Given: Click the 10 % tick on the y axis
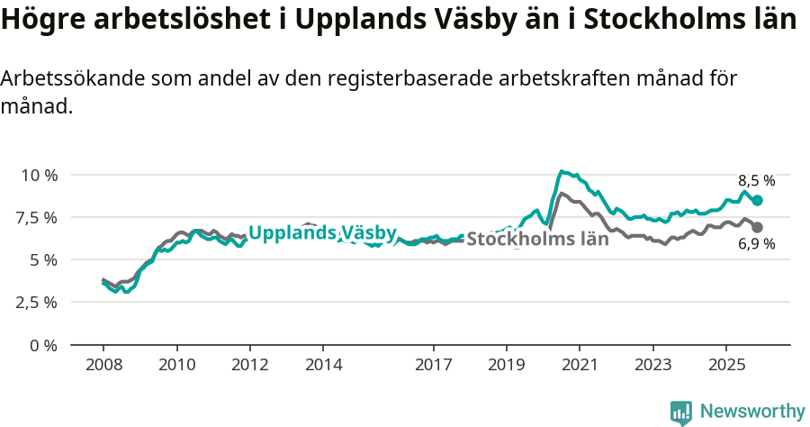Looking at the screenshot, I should coord(38,175).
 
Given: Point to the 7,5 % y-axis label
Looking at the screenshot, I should coord(37,217).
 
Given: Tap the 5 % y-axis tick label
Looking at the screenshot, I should coord(44,259).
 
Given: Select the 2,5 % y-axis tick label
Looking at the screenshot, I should coord(37,302).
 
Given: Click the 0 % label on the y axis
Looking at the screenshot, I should coord(44,345).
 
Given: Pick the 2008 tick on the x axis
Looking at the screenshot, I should coord(103,366).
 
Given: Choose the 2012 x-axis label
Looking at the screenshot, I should coord(250,366).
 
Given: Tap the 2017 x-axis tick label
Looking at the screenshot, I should coord(433,366).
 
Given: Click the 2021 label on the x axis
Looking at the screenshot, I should coord(580,366).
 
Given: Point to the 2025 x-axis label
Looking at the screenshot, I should coord(726,366).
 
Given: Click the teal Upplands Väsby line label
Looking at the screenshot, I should coord(322,233).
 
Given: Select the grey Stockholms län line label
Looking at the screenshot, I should coord(538,240).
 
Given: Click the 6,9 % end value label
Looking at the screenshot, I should coord(757,244).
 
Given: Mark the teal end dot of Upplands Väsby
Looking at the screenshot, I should coord(758,201).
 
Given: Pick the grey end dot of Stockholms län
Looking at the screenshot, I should coord(758,228).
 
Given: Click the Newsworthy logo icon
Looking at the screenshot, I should coord(681,413).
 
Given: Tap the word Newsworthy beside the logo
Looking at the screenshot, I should coord(752,412).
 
